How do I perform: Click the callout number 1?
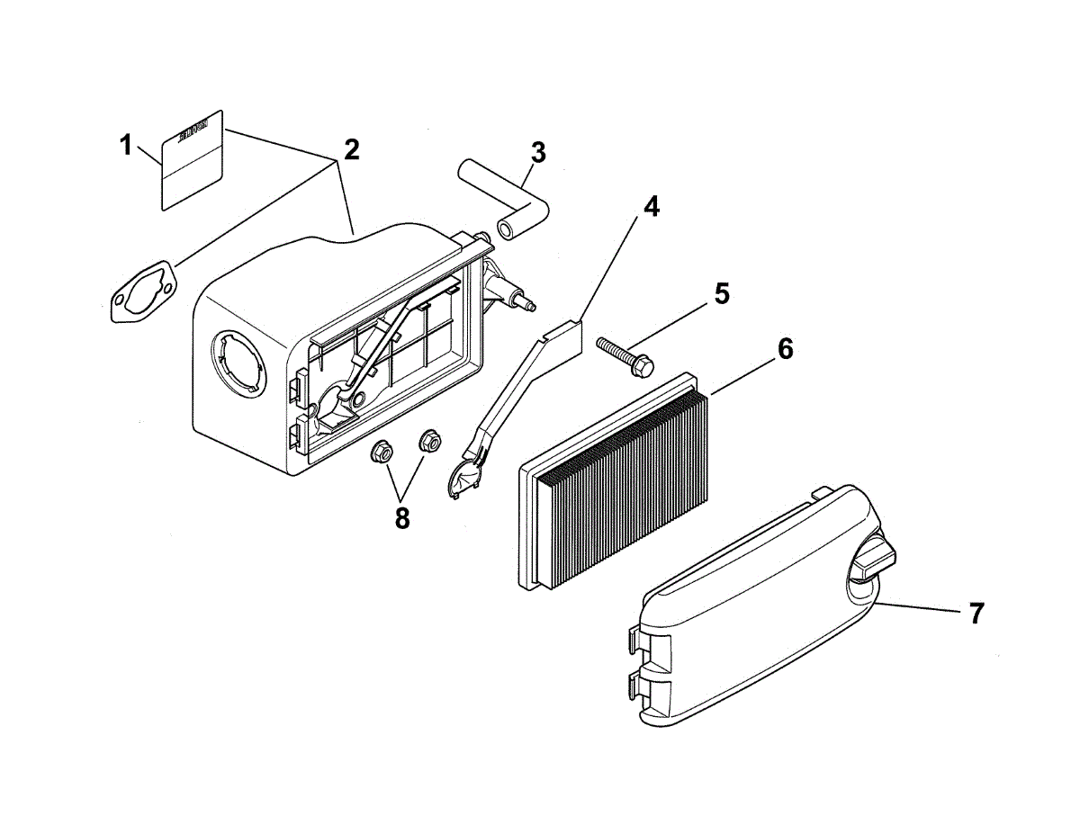point(127,144)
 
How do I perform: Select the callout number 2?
point(351,149)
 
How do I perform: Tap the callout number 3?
point(537,153)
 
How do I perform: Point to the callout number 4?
point(650,206)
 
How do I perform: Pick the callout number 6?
point(785,349)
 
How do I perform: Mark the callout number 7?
point(976,614)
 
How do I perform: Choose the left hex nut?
point(381,451)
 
